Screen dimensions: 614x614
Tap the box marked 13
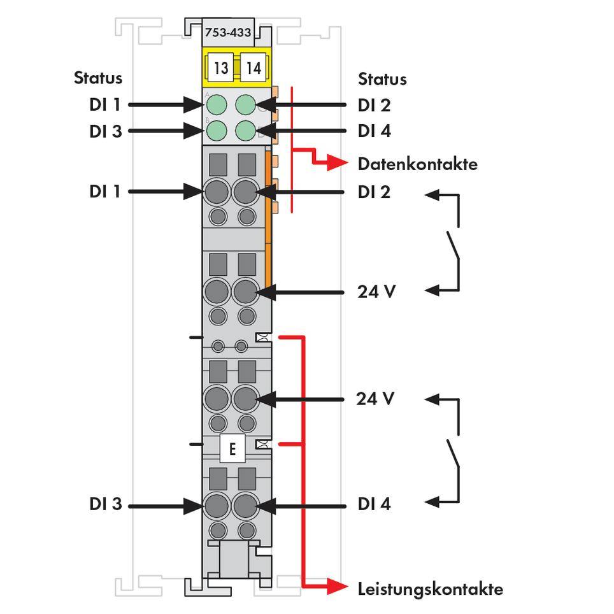[220, 68]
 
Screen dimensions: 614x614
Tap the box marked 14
[253, 68]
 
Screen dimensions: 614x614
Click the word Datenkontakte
[417, 164]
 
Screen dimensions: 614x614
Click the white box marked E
[232, 450]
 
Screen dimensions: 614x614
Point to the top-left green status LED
[217, 104]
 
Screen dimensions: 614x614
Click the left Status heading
[98, 78]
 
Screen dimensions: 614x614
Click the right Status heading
[382, 79]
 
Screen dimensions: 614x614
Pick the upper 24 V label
[376, 292]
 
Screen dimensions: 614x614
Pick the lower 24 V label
[376, 399]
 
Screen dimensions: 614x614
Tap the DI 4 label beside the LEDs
[375, 131]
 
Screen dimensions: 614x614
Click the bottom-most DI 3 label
[105, 504]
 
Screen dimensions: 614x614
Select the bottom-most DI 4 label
[375, 504]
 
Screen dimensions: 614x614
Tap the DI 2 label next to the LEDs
[375, 104]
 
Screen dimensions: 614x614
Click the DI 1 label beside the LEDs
[105, 104]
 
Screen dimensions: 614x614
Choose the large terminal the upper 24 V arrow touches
[245, 292]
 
